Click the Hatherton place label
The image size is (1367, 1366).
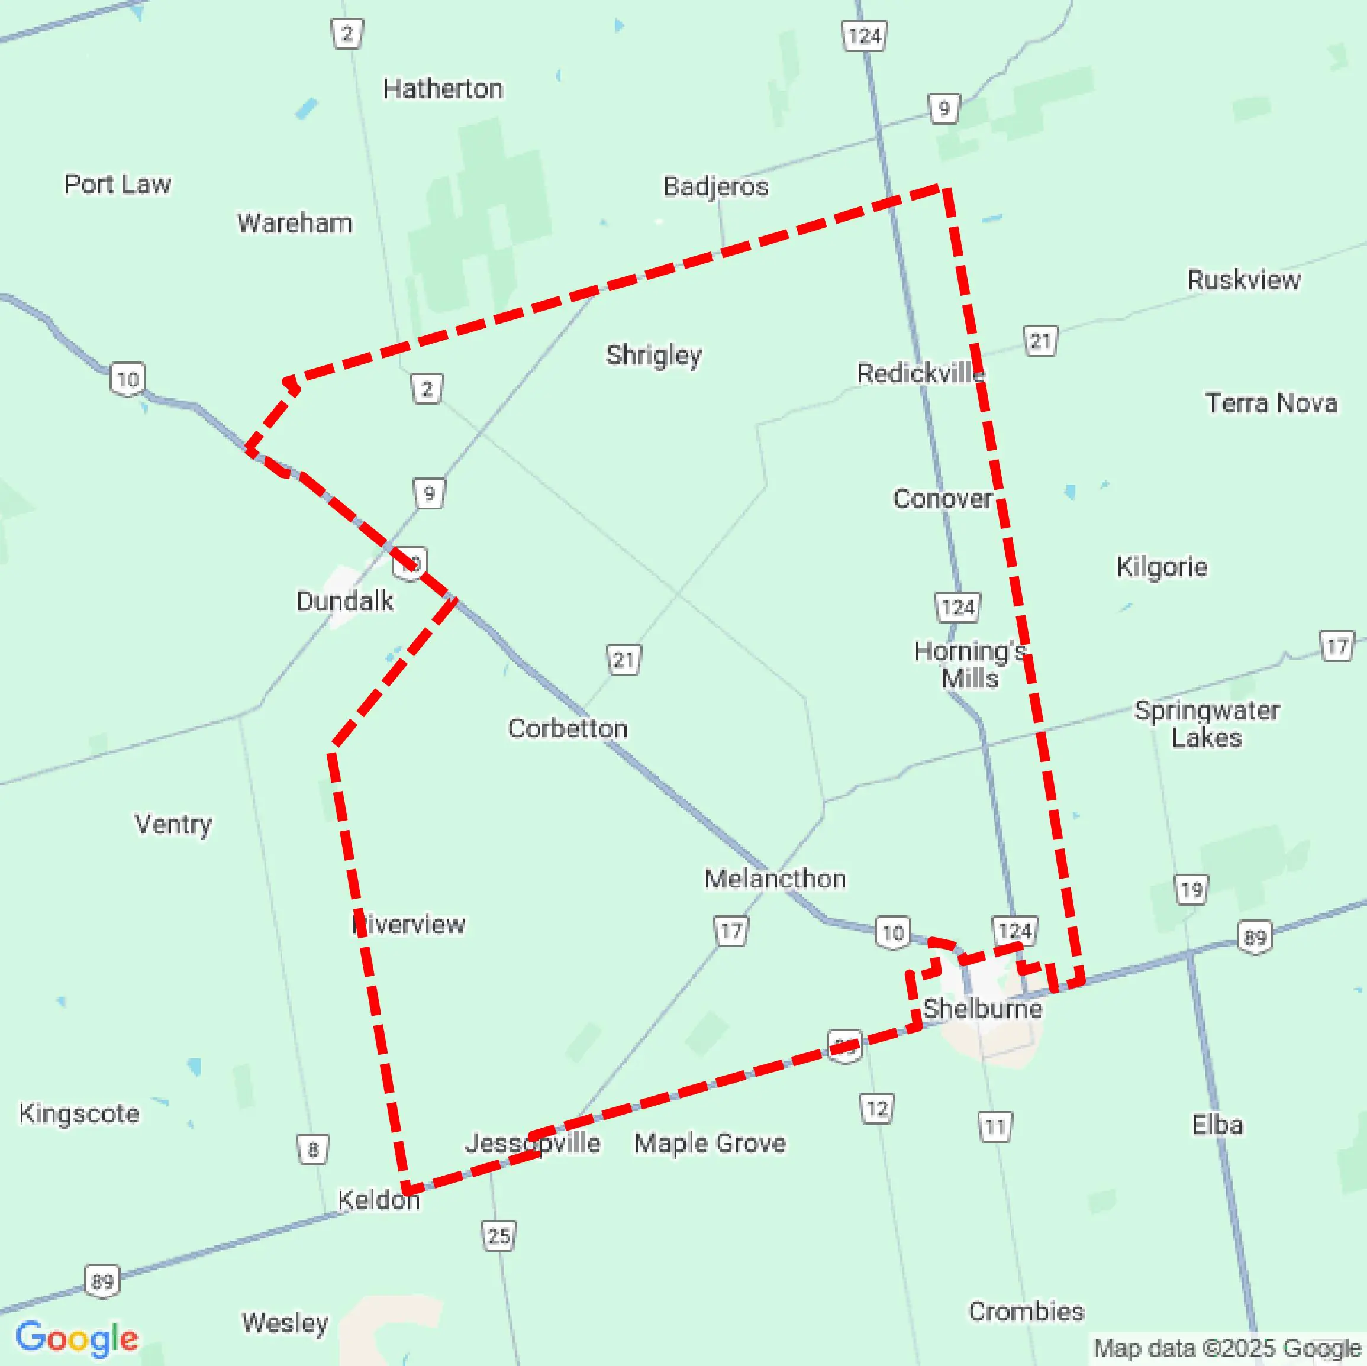coord(443,89)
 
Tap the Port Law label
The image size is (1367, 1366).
coord(117,185)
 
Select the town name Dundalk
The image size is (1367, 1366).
coord(344,601)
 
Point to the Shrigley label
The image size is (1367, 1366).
coord(654,355)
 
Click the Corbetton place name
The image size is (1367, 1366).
coord(568,729)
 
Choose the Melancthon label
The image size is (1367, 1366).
coord(775,879)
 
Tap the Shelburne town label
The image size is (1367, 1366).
coord(982,1009)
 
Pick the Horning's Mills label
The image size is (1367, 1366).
coord(969,665)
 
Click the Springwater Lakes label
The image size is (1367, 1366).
coord(1207,724)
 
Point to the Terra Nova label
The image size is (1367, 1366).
coord(1272,403)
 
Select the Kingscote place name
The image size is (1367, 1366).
coord(79,1114)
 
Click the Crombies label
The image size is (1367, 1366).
coord(1026,1312)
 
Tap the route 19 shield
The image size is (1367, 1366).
coord(1191,890)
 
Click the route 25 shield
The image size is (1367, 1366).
coord(499,1236)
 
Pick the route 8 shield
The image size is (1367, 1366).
coord(312,1149)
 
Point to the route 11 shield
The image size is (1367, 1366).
coord(995,1126)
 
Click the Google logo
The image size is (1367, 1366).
coord(76,1338)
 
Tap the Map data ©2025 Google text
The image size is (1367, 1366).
coord(1227,1348)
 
